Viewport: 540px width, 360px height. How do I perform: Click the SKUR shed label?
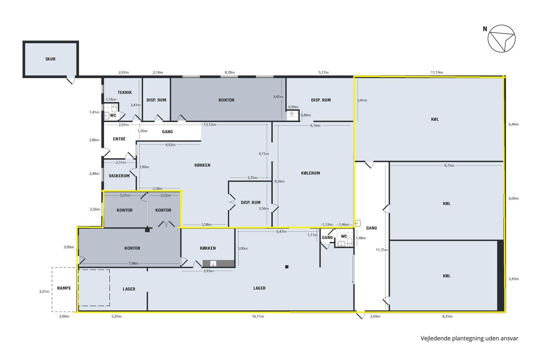[x=51, y=59]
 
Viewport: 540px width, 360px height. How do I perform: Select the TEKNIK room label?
[x=125, y=93]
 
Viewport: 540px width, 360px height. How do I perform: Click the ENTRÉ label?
[x=119, y=139]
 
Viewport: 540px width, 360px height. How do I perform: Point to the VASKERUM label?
[x=119, y=176]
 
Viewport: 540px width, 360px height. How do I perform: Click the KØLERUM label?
[x=310, y=173]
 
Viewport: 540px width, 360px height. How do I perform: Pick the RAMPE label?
[x=64, y=288]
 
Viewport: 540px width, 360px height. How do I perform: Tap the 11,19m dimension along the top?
[x=437, y=72]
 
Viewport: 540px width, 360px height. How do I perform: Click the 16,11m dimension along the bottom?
[x=258, y=316]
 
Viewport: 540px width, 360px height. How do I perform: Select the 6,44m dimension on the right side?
[x=513, y=124]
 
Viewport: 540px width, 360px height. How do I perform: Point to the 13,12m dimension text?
[x=210, y=125]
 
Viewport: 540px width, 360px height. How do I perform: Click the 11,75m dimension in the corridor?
[x=382, y=250]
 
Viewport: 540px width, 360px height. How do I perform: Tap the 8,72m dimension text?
[x=449, y=166]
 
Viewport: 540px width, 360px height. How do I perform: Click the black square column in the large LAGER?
[x=287, y=267]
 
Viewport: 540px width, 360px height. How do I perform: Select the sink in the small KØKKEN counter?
[x=213, y=263]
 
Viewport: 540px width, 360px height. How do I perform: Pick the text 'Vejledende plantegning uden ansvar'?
[x=469, y=338]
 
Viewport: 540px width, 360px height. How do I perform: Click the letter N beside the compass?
[x=485, y=29]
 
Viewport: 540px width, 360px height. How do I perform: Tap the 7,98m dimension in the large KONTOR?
[x=133, y=264]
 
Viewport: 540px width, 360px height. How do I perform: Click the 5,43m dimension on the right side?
[x=513, y=279]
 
